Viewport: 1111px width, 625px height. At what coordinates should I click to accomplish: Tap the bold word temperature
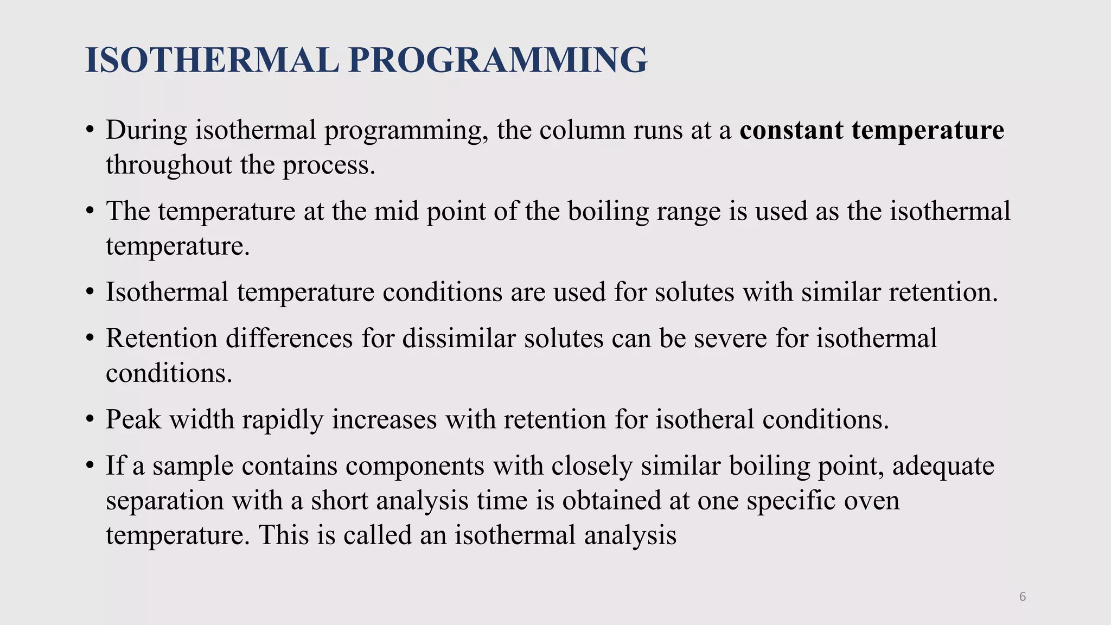928,130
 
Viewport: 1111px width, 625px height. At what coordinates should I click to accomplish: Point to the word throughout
169,165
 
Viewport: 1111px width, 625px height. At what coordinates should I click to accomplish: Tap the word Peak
133,419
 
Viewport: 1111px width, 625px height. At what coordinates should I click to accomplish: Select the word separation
165,500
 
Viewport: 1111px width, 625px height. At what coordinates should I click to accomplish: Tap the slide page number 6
1023,597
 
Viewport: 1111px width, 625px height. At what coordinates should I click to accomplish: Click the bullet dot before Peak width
90,420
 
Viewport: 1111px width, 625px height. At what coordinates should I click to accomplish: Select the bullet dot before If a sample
90,466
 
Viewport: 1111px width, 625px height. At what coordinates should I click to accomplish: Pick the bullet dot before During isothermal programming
90,131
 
